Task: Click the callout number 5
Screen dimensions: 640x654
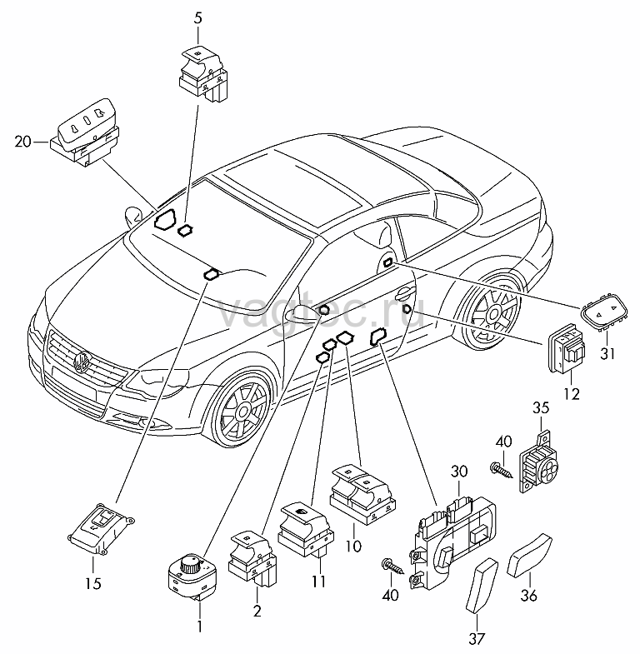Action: click(x=197, y=18)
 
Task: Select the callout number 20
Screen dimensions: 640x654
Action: click(x=23, y=142)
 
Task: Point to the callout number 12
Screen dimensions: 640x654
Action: click(x=571, y=394)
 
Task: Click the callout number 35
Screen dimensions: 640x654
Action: click(x=541, y=407)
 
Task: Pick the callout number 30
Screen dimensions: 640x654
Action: click(x=459, y=472)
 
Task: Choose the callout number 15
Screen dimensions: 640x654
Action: click(x=93, y=583)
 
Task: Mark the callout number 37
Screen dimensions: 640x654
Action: click(x=477, y=638)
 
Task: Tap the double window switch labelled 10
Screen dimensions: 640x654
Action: click(x=362, y=494)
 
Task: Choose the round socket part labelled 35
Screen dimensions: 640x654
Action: click(x=540, y=462)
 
